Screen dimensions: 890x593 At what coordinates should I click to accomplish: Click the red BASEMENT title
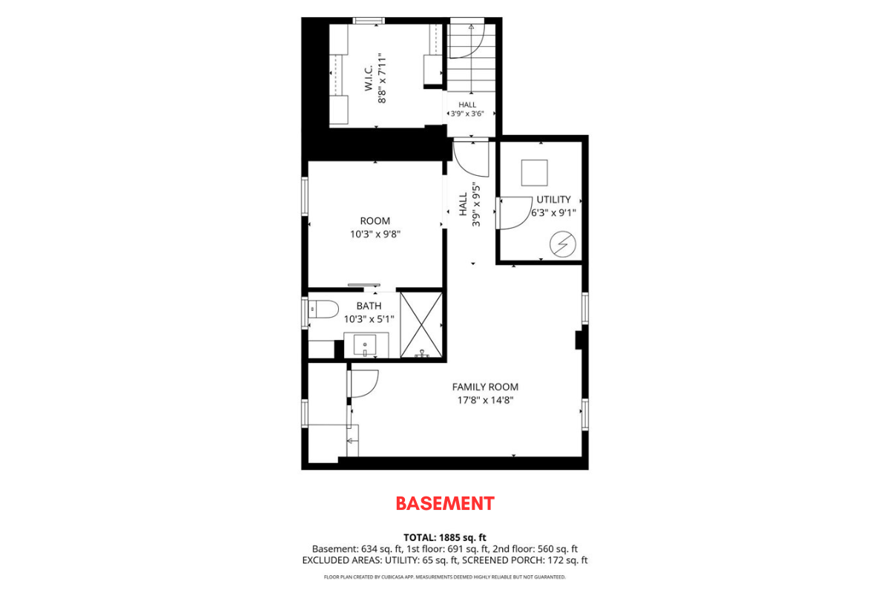(x=445, y=503)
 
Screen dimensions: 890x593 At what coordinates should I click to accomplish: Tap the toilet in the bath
(x=323, y=309)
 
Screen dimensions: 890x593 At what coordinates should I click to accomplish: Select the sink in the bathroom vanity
(x=365, y=345)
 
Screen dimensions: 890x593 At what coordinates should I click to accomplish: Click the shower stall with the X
(x=421, y=325)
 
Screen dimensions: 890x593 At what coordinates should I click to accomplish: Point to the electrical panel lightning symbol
(x=563, y=243)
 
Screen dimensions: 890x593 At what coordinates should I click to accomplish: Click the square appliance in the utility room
(x=535, y=173)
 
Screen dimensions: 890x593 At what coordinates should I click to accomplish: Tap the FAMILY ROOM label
(x=485, y=387)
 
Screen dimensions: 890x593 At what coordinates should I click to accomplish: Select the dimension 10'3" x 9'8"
(x=375, y=234)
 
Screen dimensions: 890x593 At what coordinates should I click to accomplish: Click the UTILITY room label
(x=553, y=199)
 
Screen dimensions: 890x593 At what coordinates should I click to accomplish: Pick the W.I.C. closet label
(x=369, y=79)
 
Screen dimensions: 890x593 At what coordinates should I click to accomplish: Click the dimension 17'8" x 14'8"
(x=485, y=400)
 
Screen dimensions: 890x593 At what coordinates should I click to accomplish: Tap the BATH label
(x=369, y=306)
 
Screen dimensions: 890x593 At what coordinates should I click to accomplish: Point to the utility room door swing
(x=514, y=213)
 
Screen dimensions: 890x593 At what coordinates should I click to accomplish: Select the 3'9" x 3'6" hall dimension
(x=467, y=114)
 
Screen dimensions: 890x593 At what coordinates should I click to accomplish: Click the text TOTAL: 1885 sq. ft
(x=444, y=537)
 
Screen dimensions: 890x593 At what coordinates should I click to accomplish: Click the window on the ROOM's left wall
(x=305, y=197)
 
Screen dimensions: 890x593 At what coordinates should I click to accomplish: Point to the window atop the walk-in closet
(x=369, y=21)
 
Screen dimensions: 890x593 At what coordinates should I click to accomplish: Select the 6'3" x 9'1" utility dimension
(x=553, y=212)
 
